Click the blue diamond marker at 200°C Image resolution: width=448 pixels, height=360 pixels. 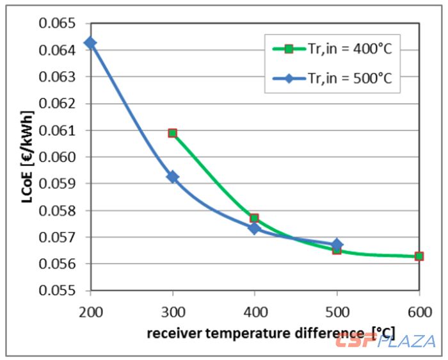pyautogui.click(x=90, y=43)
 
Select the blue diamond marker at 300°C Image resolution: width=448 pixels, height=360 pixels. pyautogui.click(x=172, y=177)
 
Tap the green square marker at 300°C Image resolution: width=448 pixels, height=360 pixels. pyautogui.click(x=172, y=133)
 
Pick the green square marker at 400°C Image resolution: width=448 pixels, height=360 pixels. pyautogui.click(x=254, y=218)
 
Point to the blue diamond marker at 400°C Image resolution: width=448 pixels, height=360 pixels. pyautogui.click(x=254, y=228)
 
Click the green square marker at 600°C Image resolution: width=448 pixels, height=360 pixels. pyautogui.click(x=419, y=256)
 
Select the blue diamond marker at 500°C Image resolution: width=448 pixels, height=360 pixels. pyautogui.click(x=337, y=245)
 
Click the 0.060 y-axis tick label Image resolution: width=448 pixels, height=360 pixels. pyautogui.click(x=58, y=157)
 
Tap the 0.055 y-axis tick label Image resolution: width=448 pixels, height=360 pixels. pyautogui.click(x=58, y=290)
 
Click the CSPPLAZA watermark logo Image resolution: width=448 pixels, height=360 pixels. pyautogui.click(x=385, y=340)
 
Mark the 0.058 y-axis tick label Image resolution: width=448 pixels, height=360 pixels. pyautogui.click(x=58, y=210)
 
